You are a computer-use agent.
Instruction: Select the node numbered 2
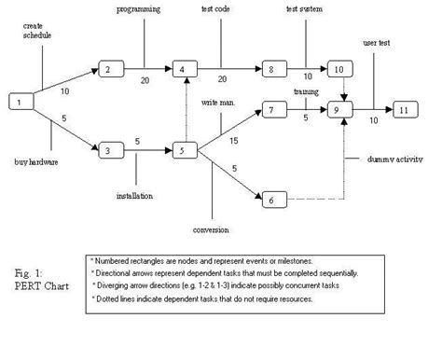coord(110,69)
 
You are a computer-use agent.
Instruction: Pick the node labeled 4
coord(185,69)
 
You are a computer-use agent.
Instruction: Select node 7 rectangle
coord(269,111)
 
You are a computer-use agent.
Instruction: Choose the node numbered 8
coord(269,69)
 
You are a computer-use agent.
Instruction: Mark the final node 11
coord(407,109)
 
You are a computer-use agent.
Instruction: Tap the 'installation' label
coord(135,196)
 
